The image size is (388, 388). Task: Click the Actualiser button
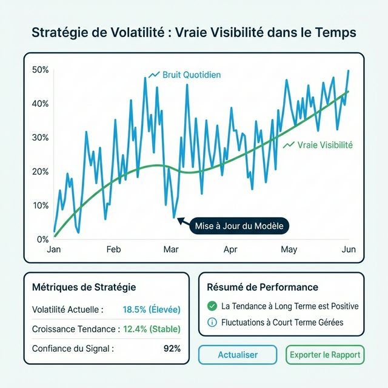[x=238, y=355]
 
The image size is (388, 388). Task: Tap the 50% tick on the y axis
[x=39, y=70]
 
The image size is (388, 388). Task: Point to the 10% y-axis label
[x=39, y=205]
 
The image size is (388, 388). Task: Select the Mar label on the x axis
[x=171, y=249]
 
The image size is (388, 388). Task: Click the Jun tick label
[x=349, y=249]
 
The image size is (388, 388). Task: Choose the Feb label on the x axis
[x=113, y=249]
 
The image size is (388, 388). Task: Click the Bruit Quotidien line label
[x=192, y=75]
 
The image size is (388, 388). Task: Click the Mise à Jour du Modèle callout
[x=239, y=226]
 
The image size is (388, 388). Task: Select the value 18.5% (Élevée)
[x=152, y=309]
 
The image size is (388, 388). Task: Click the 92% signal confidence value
[x=172, y=349]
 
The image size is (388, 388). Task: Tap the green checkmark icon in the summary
[x=212, y=306]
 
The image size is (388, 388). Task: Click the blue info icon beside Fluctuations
[x=212, y=323]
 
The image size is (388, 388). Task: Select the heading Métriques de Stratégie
[x=84, y=287]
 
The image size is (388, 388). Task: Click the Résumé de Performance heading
[x=263, y=287]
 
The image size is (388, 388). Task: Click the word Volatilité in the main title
[x=128, y=32]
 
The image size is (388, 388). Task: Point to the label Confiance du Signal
[x=73, y=349]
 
